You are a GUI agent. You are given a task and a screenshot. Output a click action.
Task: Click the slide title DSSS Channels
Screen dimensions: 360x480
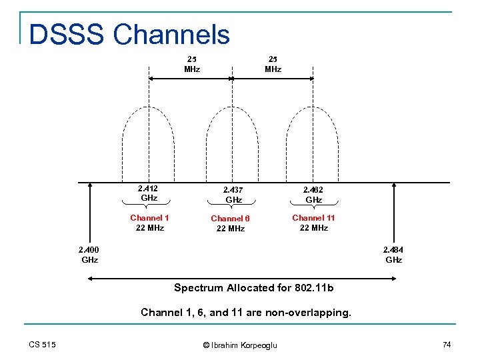(129, 35)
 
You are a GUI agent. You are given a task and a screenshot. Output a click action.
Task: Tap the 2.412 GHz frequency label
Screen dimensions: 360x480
(149, 193)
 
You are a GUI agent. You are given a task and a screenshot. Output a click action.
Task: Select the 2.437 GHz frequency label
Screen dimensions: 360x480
(233, 195)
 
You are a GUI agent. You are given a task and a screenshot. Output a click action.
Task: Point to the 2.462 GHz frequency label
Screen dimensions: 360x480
(314, 195)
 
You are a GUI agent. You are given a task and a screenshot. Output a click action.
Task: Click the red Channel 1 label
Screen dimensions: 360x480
(149, 218)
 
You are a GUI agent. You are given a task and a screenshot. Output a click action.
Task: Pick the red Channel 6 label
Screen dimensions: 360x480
(230, 219)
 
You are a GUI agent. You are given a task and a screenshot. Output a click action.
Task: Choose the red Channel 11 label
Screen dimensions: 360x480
(313, 218)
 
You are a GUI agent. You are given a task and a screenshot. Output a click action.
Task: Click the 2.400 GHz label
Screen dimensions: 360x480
(89, 255)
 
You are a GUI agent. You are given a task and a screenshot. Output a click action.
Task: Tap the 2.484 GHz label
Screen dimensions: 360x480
(393, 255)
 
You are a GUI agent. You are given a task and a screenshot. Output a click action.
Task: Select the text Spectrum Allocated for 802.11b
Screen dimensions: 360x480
(253, 288)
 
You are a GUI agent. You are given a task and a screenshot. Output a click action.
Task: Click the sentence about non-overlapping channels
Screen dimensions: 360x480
(245, 312)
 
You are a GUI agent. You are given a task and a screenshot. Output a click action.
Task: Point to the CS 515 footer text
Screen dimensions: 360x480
(42, 344)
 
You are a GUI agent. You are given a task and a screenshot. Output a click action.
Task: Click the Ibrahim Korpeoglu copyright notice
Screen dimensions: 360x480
(239, 345)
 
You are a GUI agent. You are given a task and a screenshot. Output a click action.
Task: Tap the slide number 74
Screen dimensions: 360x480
(446, 344)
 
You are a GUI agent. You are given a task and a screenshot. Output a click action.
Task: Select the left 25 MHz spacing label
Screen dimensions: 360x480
(192, 64)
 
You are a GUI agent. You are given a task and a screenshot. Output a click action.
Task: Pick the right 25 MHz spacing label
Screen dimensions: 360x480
(273, 64)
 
